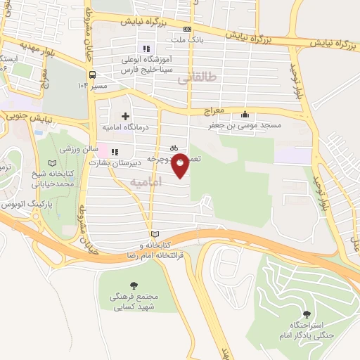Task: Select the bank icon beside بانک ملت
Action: pyautogui.click(x=186, y=30)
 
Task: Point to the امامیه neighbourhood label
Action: pyautogui.click(x=147, y=182)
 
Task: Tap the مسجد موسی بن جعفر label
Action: pyautogui.click(x=244, y=125)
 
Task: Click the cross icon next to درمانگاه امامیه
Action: pyautogui.click(x=125, y=116)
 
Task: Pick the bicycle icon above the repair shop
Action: pyautogui.click(x=173, y=148)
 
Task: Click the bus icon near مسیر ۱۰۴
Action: pyautogui.click(x=92, y=75)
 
